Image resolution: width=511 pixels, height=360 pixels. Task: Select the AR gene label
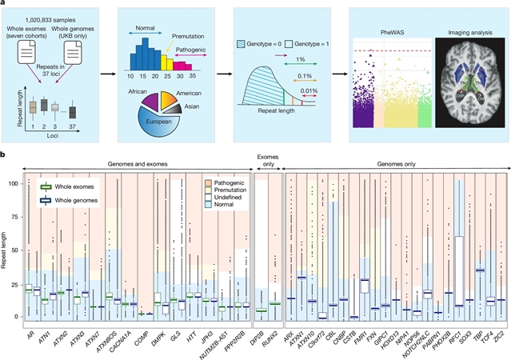tap(26, 329)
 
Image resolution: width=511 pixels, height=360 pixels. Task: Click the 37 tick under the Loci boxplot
tap(73, 128)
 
